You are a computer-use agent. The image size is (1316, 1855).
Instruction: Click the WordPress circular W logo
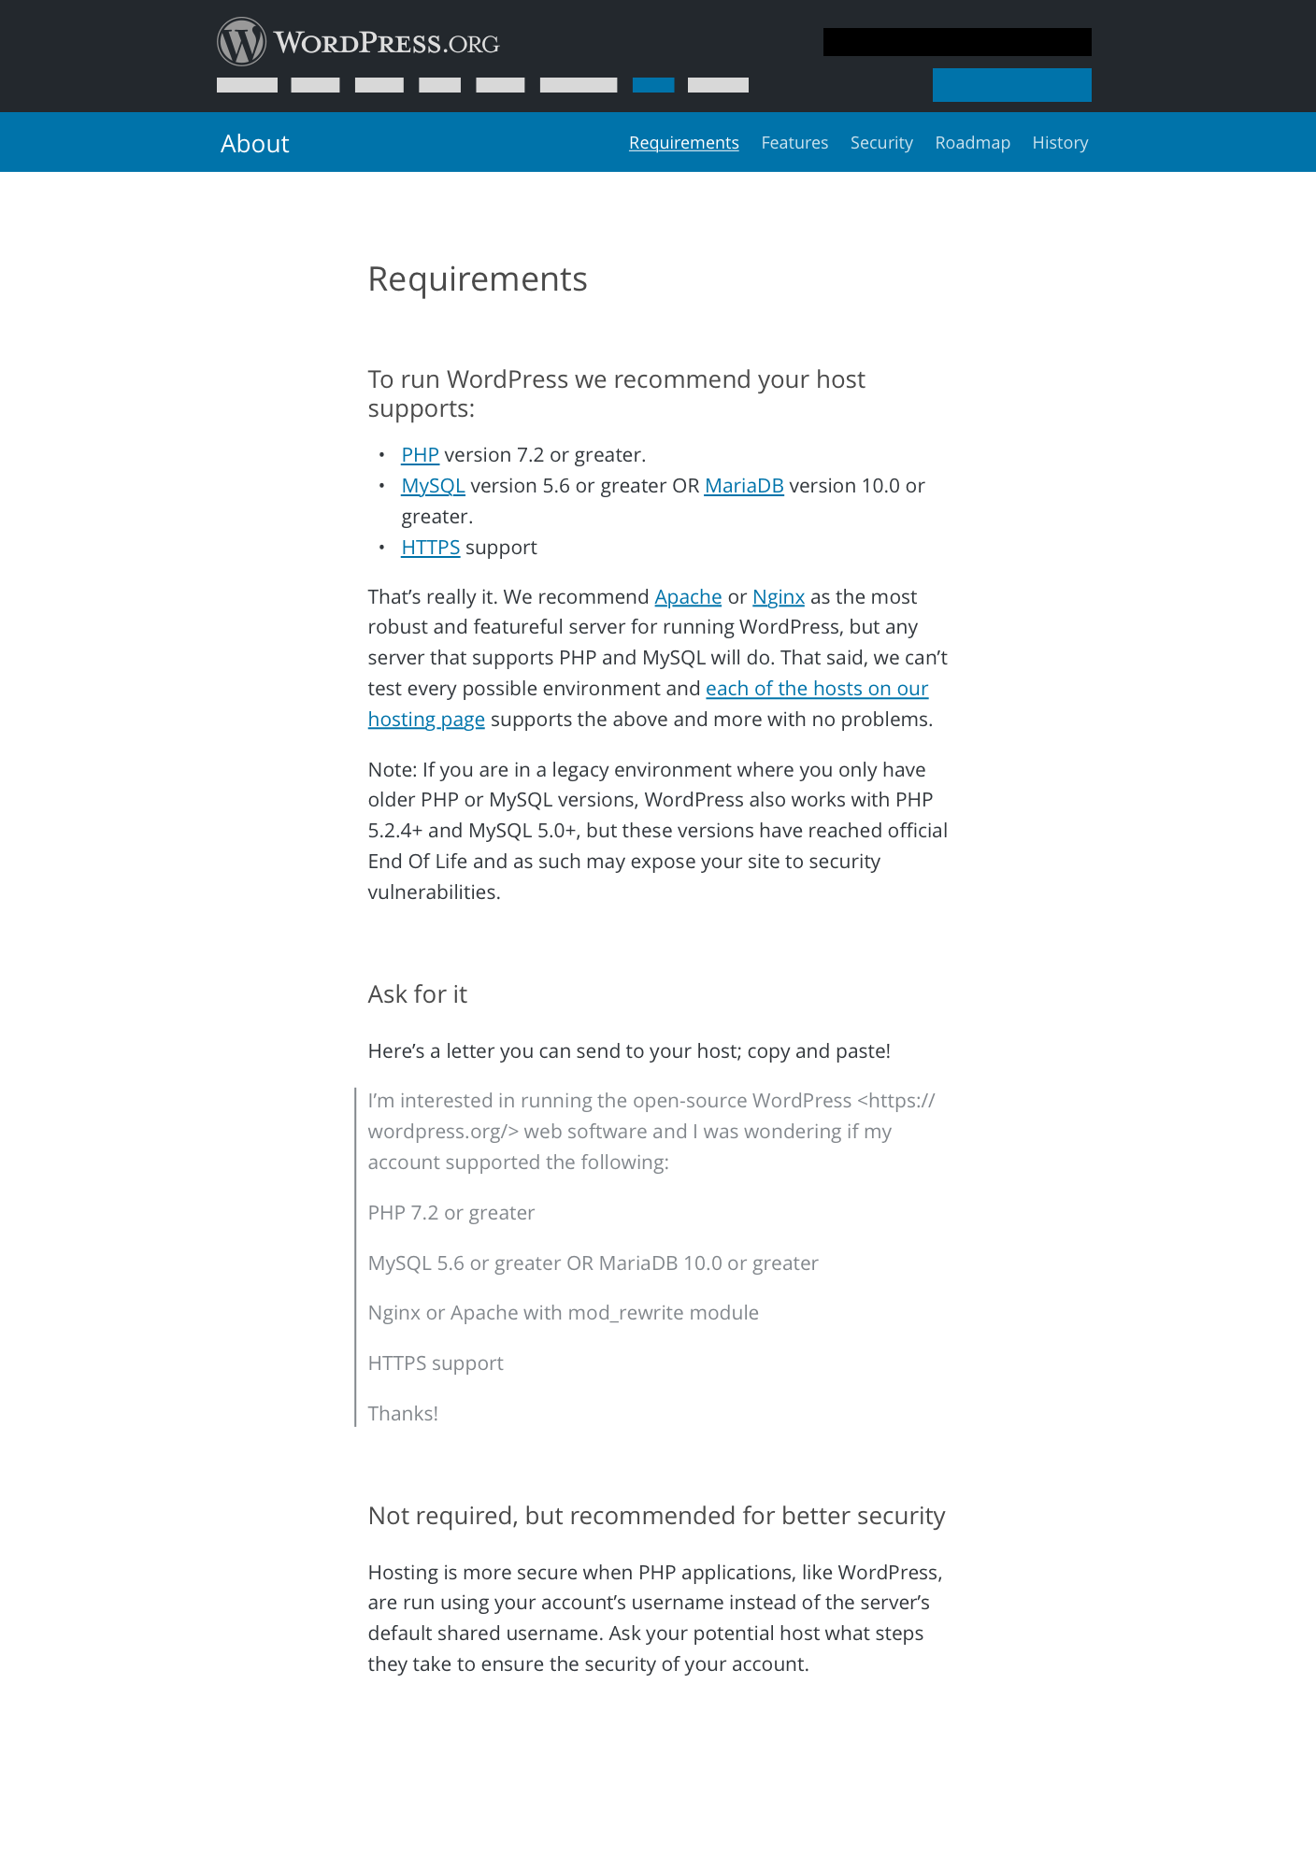click(241, 42)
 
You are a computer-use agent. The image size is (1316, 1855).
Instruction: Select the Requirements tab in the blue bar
click(683, 143)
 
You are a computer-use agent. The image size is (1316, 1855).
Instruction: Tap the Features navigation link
click(794, 143)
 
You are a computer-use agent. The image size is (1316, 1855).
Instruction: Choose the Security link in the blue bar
click(881, 143)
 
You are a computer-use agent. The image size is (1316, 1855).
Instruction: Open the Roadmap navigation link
click(972, 143)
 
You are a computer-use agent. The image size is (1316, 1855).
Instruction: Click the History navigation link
click(1060, 143)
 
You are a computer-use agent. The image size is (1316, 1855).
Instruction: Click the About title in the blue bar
click(255, 144)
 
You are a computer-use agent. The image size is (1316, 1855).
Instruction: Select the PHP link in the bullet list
click(420, 455)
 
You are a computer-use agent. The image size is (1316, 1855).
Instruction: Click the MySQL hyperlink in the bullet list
click(433, 486)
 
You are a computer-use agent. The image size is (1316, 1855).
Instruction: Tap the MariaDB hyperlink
click(744, 486)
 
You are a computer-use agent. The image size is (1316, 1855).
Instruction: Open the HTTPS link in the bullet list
click(430, 548)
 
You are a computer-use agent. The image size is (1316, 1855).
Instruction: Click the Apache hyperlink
click(688, 597)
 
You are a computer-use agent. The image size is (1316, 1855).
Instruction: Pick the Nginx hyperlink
click(779, 597)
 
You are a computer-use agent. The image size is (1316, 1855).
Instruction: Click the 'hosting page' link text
click(426, 720)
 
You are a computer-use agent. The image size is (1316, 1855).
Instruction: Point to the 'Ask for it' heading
click(417, 994)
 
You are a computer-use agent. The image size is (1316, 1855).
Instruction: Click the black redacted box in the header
click(957, 42)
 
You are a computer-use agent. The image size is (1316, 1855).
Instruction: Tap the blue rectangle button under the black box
click(1011, 85)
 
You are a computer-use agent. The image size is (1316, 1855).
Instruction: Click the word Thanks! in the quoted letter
click(403, 1414)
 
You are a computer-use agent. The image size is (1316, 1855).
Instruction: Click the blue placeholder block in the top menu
click(653, 85)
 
